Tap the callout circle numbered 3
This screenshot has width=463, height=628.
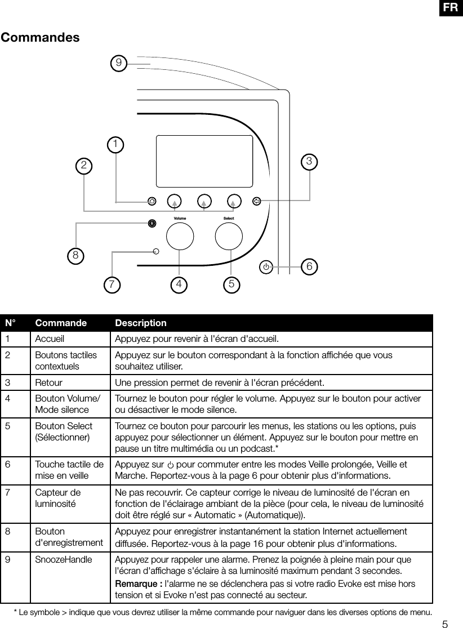pos(309,162)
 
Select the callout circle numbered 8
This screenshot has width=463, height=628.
pos(74,255)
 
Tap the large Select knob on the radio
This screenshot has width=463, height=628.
pos(229,236)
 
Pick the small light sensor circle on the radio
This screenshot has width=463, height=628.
pos(157,252)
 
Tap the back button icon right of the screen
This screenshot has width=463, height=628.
pos(257,201)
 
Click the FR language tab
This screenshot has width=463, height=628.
pos(450,7)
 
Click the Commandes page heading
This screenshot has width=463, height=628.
pos(40,38)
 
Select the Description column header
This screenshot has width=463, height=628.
pos(141,323)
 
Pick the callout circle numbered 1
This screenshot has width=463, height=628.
pos(115,145)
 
